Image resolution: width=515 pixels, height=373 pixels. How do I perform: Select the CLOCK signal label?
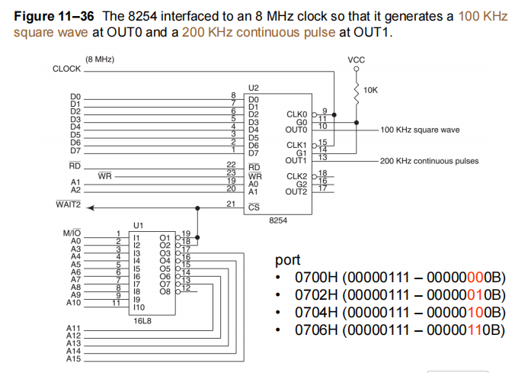tap(66, 69)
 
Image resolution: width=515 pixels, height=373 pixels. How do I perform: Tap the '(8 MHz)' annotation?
tap(101, 59)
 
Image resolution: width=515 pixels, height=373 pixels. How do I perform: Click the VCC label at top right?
tap(356, 59)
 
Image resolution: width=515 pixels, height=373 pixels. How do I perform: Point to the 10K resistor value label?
tap(371, 90)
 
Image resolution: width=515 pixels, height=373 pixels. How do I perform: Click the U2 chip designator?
tap(253, 88)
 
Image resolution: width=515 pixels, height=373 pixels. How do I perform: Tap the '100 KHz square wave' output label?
tap(420, 130)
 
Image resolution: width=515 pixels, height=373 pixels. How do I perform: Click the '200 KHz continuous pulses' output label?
tap(429, 161)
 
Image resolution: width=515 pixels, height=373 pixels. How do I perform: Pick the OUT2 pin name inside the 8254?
tap(296, 191)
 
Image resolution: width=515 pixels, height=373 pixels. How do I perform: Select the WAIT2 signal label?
tap(69, 205)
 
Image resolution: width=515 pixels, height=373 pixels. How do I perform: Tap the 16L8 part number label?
tap(144, 320)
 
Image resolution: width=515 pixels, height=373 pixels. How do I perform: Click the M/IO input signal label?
tap(72, 233)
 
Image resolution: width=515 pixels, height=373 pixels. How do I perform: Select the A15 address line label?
tap(73, 358)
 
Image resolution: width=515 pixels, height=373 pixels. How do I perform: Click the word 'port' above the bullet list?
tap(289, 260)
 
